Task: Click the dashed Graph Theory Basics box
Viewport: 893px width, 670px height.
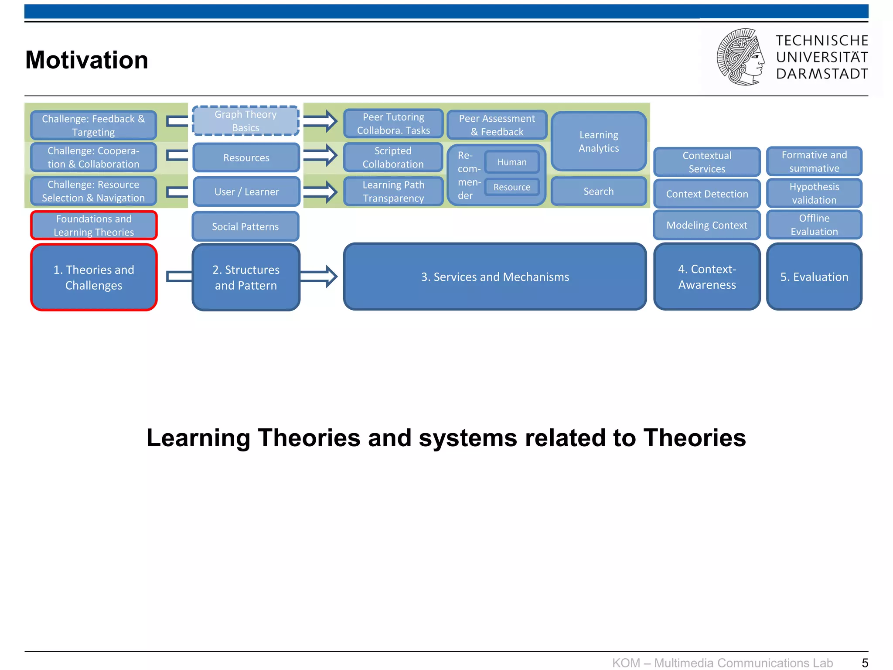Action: point(245,121)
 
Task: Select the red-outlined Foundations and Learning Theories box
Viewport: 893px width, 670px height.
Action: point(94,225)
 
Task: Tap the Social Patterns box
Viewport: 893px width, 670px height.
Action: point(245,226)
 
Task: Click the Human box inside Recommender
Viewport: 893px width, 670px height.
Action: point(512,162)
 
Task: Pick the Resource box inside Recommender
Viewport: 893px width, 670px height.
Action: point(512,187)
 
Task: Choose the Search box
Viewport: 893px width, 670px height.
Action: point(598,191)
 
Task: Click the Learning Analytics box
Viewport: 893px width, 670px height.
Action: point(598,141)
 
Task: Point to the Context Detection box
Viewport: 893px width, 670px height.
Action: point(707,194)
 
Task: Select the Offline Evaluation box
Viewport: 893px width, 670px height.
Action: point(814,225)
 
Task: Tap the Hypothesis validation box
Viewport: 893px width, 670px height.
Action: point(814,193)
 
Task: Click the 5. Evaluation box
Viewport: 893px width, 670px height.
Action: point(814,277)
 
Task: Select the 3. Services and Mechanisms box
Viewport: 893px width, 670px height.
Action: point(495,277)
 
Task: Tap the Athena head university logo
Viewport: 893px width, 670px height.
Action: point(740,57)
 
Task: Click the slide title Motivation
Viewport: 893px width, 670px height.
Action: point(87,60)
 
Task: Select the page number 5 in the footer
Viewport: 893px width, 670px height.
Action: point(865,663)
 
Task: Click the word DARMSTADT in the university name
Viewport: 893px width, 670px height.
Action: point(822,74)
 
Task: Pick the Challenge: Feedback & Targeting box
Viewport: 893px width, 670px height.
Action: point(93,125)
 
